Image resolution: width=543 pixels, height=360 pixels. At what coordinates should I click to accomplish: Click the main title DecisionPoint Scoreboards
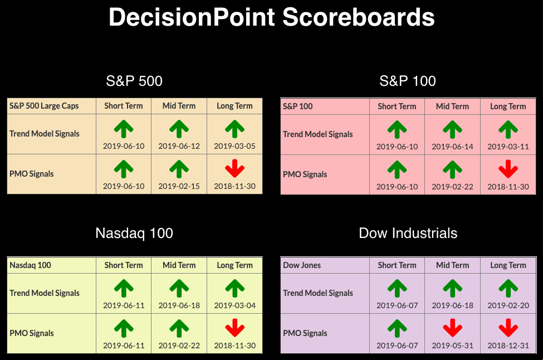click(x=272, y=17)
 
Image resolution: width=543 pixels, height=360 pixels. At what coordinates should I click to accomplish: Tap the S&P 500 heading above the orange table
click(x=134, y=81)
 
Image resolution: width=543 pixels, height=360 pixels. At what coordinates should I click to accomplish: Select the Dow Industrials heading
click(x=408, y=233)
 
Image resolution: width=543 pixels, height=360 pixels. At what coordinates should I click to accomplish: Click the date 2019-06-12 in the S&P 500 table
click(x=179, y=146)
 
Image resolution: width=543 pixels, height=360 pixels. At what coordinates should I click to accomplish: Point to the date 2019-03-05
click(x=235, y=146)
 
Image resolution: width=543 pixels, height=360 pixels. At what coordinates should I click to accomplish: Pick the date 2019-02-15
click(x=179, y=187)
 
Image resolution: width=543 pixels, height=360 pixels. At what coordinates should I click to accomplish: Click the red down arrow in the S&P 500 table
click(x=235, y=168)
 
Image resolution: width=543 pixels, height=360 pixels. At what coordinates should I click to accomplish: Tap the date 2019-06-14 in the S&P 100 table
click(x=453, y=147)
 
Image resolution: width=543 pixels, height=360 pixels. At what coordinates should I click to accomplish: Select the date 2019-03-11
click(x=508, y=147)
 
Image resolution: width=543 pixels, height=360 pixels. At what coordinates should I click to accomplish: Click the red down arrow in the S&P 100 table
click(x=508, y=169)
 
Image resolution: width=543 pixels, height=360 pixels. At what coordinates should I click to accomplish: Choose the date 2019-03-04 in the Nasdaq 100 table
click(x=235, y=305)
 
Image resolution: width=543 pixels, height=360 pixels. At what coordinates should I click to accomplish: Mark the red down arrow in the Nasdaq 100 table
click(x=235, y=328)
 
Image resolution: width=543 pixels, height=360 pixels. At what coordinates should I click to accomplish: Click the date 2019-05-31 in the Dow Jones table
click(x=453, y=346)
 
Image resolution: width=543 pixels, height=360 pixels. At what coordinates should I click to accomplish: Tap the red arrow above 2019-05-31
click(x=453, y=328)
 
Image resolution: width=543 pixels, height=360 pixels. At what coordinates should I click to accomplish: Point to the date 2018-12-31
click(x=508, y=346)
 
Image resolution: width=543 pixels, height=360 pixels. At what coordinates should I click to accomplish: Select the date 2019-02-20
click(x=508, y=305)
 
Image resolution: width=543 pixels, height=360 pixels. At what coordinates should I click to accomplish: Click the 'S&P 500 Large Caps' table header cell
click(x=44, y=106)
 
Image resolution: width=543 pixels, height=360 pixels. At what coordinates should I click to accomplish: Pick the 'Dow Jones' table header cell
click(x=302, y=265)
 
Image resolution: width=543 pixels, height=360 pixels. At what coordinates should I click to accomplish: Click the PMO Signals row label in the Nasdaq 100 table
click(x=32, y=333)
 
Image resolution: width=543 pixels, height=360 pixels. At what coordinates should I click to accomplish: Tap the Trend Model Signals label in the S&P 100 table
click(x=318, y=134)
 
